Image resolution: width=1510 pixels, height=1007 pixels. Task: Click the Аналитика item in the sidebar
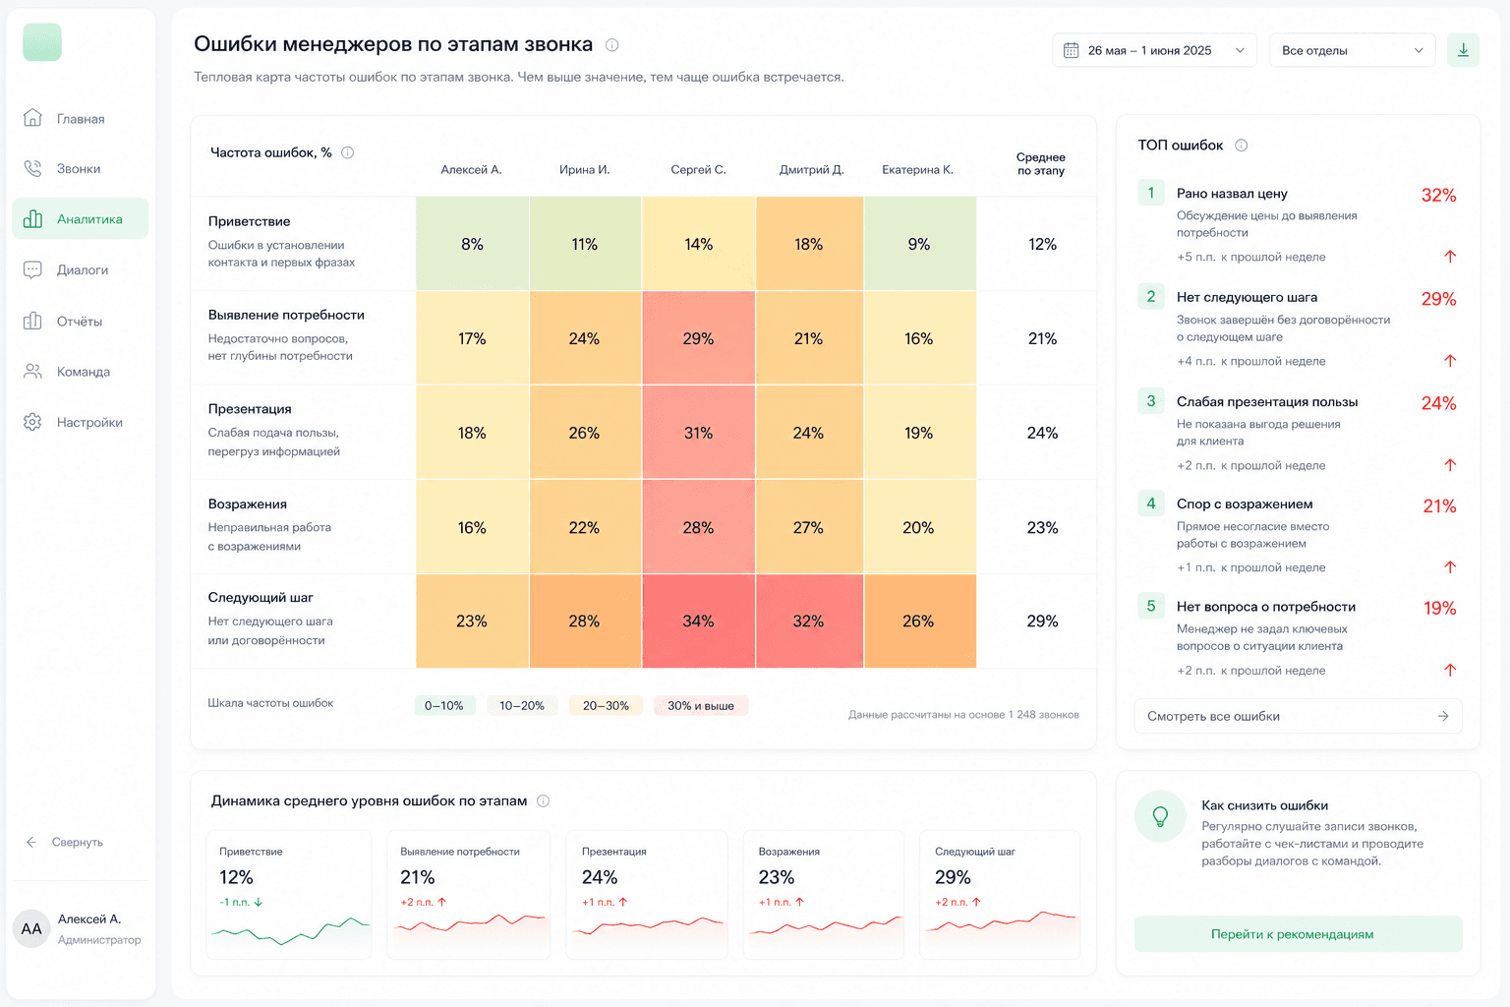click(x=81, y=218)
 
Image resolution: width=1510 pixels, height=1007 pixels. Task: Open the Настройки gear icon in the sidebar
click(x=32, y=422)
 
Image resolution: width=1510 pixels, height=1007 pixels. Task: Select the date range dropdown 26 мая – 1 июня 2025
click(x=1154, y=50)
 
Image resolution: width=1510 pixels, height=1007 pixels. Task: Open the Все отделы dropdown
click(x=1353, y=50)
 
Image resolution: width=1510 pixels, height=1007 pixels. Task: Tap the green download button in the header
click(x=1463, y=50)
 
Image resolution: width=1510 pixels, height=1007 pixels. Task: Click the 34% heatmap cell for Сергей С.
click(x=698, y=622)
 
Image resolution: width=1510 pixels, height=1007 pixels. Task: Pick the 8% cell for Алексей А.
click(x=472, y=244)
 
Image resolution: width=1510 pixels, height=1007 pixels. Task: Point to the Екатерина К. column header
click(x=917, y=170)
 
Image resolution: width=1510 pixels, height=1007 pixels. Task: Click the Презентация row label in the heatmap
click(x=250, y=409)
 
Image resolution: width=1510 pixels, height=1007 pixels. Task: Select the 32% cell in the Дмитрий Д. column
click(x=809, y=622)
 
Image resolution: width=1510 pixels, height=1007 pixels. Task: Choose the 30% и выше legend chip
click(x=700, y=705)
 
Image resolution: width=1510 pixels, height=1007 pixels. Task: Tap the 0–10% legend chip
click(x=444, y=705)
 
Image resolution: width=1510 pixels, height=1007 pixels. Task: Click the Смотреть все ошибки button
click(x=1298, y=716)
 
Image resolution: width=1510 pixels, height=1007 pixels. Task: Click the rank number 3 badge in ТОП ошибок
click(x=1151, y=401)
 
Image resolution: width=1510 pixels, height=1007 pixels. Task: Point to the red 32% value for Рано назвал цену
click(x=1438, y=196)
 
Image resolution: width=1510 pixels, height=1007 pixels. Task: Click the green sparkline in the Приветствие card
click(x=291, y=930)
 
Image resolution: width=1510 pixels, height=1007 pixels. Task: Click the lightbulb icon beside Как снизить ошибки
click(x=1160, y=816)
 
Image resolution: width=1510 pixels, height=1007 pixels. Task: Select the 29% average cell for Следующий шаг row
click(x=1042, y=622)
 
